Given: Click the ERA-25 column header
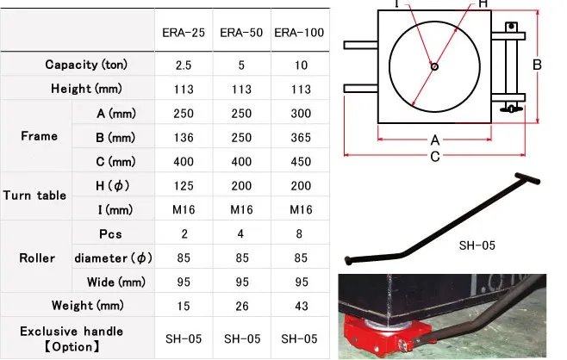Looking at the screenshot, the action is pos(184,33).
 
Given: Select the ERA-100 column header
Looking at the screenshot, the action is pos(299,33).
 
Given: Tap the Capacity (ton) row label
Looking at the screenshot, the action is pos(86,65).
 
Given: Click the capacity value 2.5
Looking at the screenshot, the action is pos(184,65).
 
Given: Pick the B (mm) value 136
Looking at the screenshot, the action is pos(184,138).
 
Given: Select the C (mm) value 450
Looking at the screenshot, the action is pos(301,162).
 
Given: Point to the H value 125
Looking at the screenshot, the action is pos(184,186).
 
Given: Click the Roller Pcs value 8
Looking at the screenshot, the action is pos(299,234).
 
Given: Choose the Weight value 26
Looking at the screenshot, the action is pos(242,306).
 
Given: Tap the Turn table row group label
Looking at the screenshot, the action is pos(34,196).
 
